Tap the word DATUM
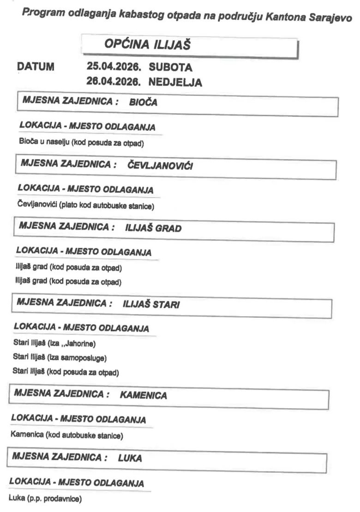(x=36, y=67)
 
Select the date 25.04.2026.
(x=113, y=67)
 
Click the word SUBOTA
(x=170, y=68)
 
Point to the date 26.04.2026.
(x=113, y=82)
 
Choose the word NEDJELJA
(x=175, y=83)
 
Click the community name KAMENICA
(x=143, y=395)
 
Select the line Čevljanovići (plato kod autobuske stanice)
(x=86, y=206)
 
